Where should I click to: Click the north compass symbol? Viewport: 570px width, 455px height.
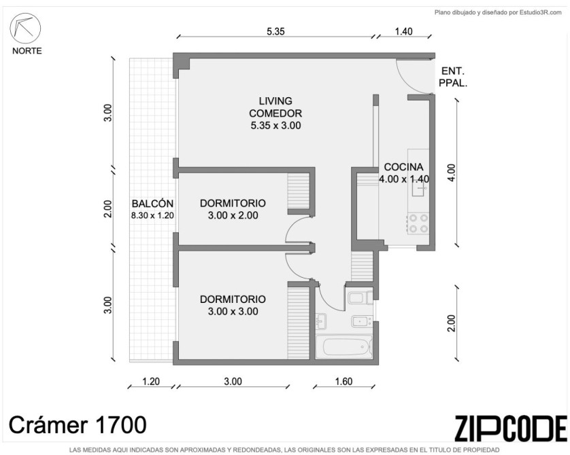pos(25,29)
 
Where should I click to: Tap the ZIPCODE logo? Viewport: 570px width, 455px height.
pos(511,429)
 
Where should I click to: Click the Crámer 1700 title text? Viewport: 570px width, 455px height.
pos(78,425)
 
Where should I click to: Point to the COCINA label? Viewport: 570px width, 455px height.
pos(403,167)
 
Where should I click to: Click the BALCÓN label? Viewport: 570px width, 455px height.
pos(152,204)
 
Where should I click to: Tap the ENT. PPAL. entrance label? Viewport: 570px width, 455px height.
pos(453,77)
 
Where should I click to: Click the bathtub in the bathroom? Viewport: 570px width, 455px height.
pos(344,347)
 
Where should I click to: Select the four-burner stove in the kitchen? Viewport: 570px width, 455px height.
pos(418,223)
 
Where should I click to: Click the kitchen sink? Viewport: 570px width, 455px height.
pos(419,188)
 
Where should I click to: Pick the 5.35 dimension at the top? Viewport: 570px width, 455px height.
pos(275,31)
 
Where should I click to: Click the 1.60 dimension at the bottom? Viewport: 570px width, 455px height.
pos(343,382)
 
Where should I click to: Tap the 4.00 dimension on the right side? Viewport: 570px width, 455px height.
pos(451,173)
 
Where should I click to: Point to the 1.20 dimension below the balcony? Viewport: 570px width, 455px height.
pos(151,382)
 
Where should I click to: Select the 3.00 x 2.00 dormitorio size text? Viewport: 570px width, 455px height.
pos(233,215)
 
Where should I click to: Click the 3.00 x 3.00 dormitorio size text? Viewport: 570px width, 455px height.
pos(233,311)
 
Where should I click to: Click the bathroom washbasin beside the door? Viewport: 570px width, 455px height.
pos(321,321)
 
